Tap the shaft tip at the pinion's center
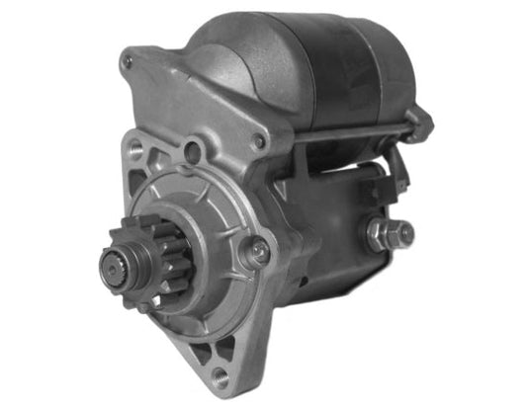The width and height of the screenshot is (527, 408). point(111,264)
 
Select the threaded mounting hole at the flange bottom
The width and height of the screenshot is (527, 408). point(220,375)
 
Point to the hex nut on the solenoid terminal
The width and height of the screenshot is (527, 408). point(379,234)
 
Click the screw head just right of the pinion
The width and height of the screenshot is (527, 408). point(258,253)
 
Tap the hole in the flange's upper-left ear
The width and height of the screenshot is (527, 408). point(135,150)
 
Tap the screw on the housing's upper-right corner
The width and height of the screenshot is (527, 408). point(260,141)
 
